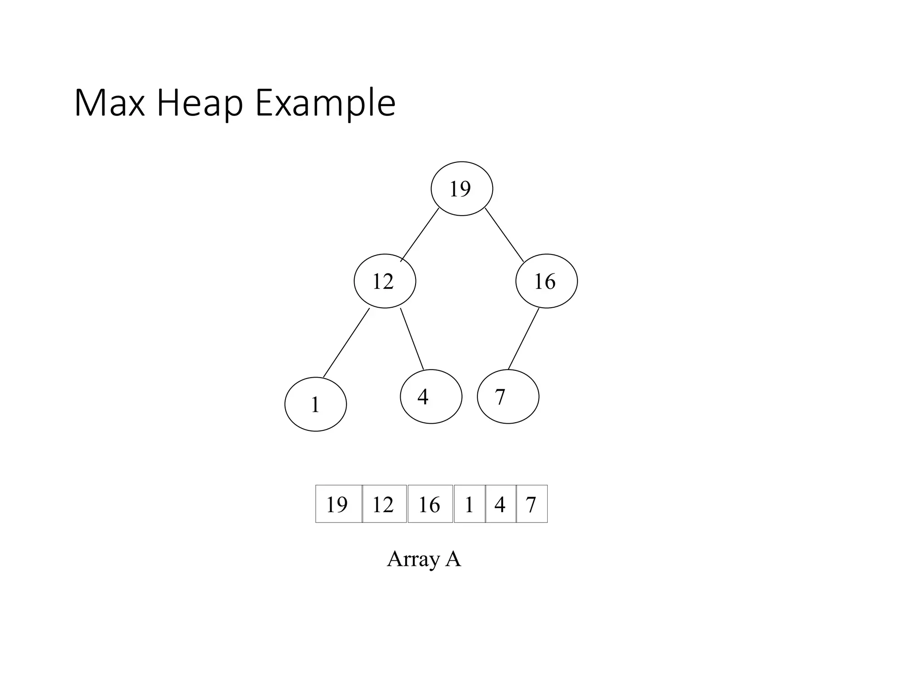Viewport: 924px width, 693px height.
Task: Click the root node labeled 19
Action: coord(462,189)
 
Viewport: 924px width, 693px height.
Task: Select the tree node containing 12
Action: coord(384,281)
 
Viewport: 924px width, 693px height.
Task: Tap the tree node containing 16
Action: coord(546,281)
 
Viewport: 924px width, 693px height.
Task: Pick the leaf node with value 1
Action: coord(315,404)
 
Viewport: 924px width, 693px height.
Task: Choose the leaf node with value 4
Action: coord(431,397)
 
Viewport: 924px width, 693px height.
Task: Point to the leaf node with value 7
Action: coord(508,397)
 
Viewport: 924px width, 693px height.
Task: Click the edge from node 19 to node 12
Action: coord(420,235)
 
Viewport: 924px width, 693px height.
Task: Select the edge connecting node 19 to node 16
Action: coord(504,235)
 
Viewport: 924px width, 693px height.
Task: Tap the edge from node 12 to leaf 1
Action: coord(346,343)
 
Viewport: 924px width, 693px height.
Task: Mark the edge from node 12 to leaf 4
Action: coord(412,339)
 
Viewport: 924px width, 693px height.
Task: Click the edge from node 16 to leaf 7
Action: coord(523,339)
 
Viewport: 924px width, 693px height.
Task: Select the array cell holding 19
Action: coord(338,504)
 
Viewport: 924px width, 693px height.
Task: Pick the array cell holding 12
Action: coord(384,504)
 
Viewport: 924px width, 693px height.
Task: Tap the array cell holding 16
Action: coord(430,504)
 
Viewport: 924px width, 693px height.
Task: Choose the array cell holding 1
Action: coord(470,504)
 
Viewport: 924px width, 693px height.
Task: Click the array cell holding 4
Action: coord(500,504)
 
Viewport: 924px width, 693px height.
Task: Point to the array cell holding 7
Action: coord(531,504)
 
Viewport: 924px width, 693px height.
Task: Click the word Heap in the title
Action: coord(200,104)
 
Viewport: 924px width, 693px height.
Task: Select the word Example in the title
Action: coord(325,104)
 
